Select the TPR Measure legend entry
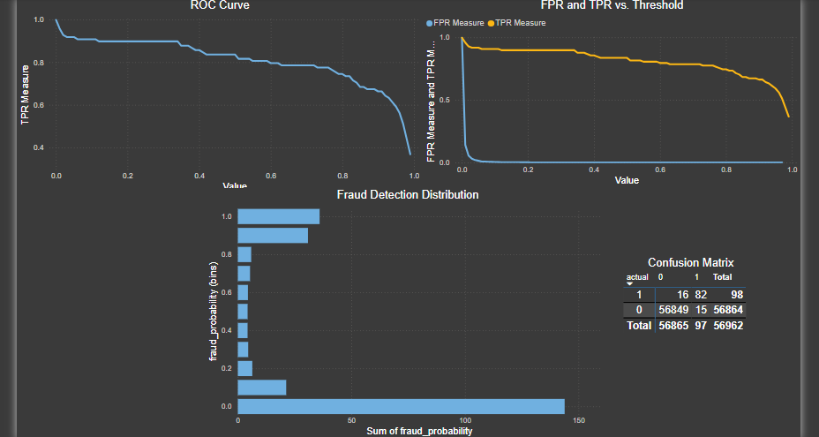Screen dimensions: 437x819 [x=517, y=23]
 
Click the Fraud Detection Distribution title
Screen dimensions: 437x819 [x=408, y=194]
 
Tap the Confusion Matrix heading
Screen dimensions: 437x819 [x=690, y=262]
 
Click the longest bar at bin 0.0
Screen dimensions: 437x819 [x=401, y=406]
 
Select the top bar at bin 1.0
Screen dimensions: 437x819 [x=279, y=216]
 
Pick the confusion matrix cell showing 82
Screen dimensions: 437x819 [x=701, y=294]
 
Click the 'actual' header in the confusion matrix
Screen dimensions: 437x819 [x=636, y=277]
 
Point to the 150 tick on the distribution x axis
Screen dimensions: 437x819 [x=579, y=420]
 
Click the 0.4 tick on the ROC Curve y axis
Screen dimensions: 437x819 [x=39, y=147]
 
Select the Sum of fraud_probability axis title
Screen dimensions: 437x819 [x=419, y=431]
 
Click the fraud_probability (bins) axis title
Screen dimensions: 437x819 [x=214, y=311]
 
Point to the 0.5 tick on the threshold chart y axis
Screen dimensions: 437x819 [x=444, y=100]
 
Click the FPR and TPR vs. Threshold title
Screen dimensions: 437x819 [x=612, y=5]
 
